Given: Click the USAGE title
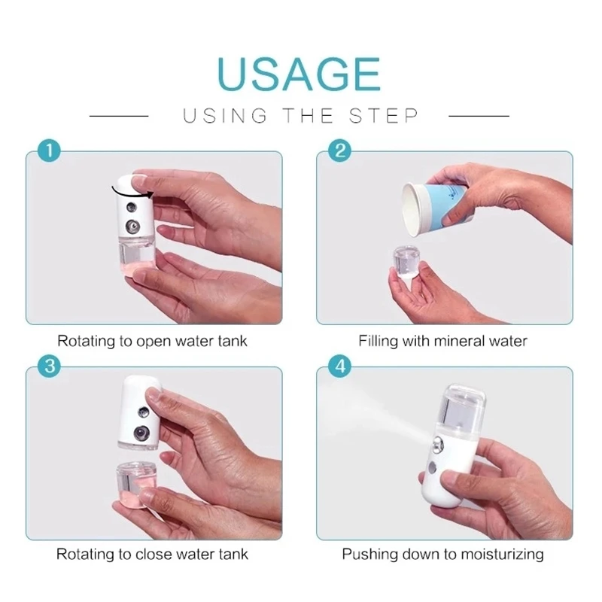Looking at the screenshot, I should click(299, 72).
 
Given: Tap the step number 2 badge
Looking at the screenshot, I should click(339, 150).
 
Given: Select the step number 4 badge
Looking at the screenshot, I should click(339, 367).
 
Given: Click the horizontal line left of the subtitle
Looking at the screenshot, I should click(119, 116).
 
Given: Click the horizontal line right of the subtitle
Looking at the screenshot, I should click(479, 116).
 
